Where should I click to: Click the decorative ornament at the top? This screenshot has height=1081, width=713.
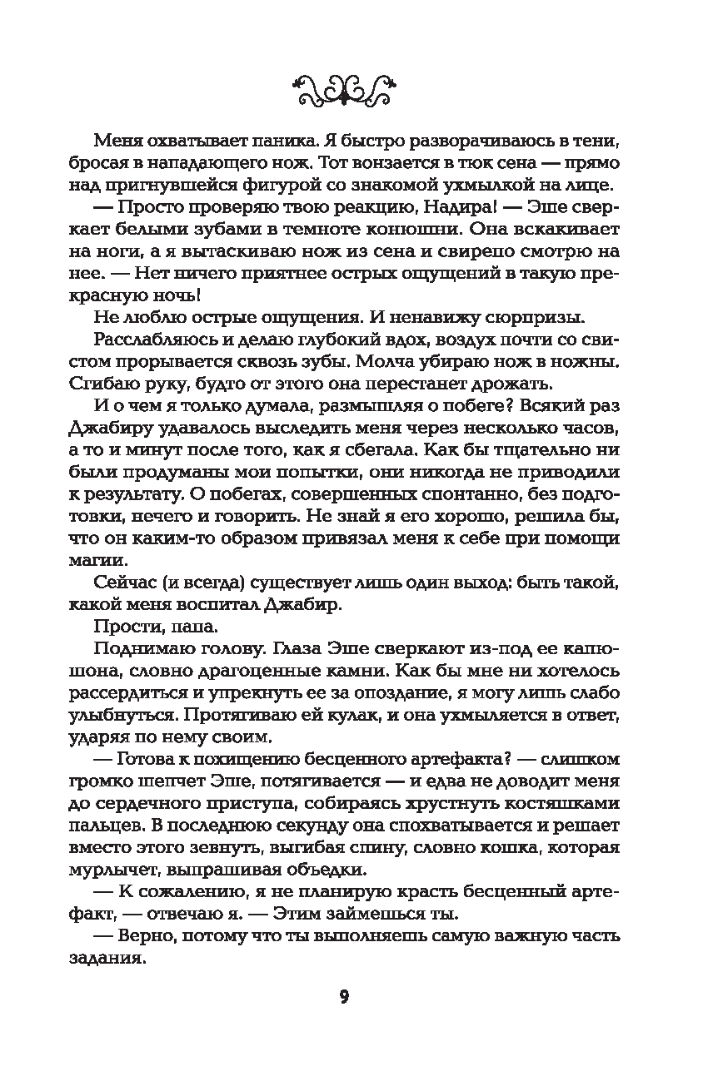[x=344, y=84]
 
